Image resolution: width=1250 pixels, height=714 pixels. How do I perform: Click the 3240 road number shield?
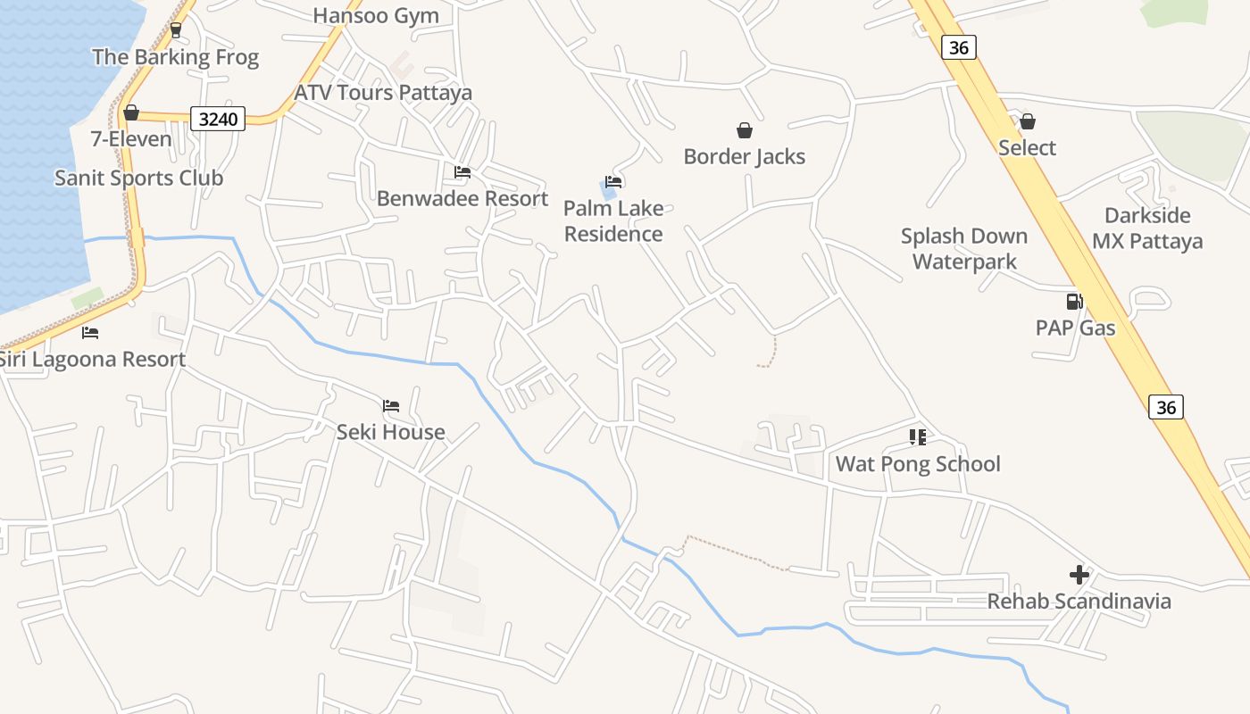coord(218,118)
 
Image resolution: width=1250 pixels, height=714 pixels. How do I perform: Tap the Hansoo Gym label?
coord(376,15)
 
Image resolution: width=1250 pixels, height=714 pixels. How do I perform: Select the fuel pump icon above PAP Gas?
coord(1075,302)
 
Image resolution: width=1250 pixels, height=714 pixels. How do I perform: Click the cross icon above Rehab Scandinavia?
coord(1079,575)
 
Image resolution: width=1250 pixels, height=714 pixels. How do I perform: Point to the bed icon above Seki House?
coord(391,406)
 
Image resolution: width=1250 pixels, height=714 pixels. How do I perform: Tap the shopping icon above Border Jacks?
coord(745,131)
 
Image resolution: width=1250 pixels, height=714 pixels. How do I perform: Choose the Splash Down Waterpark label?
coord(964,249)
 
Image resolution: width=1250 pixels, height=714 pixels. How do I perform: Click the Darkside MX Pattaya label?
coord(1147,228)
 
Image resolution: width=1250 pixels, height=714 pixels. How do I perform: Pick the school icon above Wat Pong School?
coord(918,437)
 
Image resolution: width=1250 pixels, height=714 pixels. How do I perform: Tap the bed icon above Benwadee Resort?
coord(462,172)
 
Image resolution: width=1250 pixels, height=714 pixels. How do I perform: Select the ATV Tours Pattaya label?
coord(383,93)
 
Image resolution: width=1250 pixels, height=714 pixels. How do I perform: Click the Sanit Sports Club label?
coord(138,178)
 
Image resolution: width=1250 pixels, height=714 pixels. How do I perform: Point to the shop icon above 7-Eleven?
coord(131,112)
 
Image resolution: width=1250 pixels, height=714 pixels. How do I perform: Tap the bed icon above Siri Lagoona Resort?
coord(90,333)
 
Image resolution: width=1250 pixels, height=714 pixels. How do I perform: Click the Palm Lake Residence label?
coord(613,221)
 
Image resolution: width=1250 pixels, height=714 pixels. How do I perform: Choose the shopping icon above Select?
coord(1028,121)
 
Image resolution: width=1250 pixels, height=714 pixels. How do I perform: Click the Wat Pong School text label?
coord(918,464)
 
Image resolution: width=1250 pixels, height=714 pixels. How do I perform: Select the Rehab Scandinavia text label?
coord(1079,602)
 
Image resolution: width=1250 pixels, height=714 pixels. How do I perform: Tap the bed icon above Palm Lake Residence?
coord(613,182)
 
